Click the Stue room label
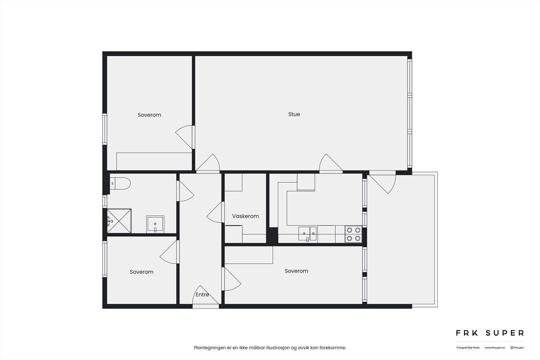(294, 114)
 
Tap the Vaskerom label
(245, 216)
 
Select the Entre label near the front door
(202, 295)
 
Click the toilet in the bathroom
(120, 184)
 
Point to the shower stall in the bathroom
(119, 221)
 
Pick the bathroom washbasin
(155, 224)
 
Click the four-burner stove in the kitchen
(353, 234)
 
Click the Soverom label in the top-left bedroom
(149, 115)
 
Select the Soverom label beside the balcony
(296, 271)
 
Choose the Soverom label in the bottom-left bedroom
(141, 272)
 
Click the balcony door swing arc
(388, 184)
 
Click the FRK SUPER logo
(490, 333)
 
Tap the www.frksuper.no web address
(495, 348)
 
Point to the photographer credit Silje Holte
(468, 348)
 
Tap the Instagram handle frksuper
(517, 348)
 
